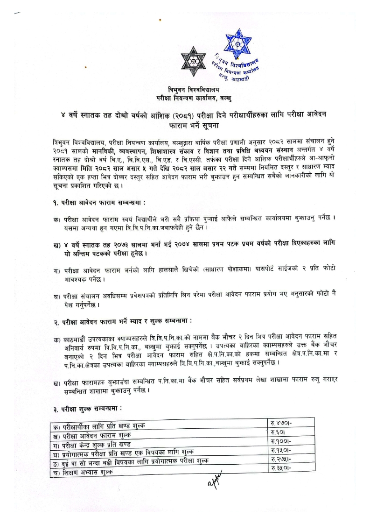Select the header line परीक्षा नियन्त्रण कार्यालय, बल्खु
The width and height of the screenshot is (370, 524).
point(194,98)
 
